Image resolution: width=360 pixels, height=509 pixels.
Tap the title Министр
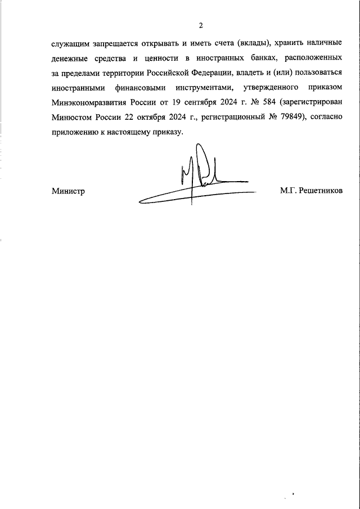point(67,191)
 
